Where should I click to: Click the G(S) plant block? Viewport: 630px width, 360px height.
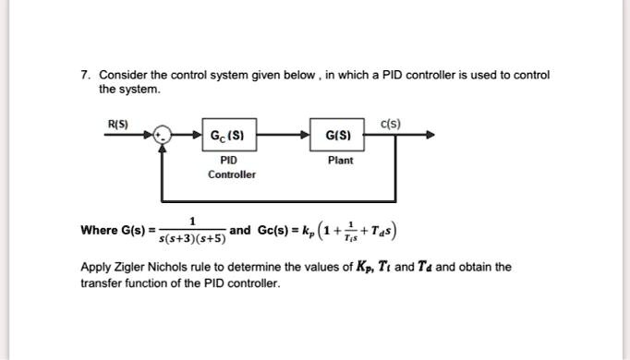pyautogui.click(x=336, y=136)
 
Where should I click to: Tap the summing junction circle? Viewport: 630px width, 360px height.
pyautogui.click(x=164, y=136)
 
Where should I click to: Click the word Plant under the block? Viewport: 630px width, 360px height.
pyautogui.click(x=340, y=160)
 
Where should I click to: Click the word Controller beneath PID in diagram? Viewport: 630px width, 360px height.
pyautogui.click(x=232, y=174)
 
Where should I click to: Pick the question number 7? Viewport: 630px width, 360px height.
pyautogui.click(x=83, y=75)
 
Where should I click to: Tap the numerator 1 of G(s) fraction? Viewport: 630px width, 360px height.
pyautogui.click(x=192, y=221)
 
